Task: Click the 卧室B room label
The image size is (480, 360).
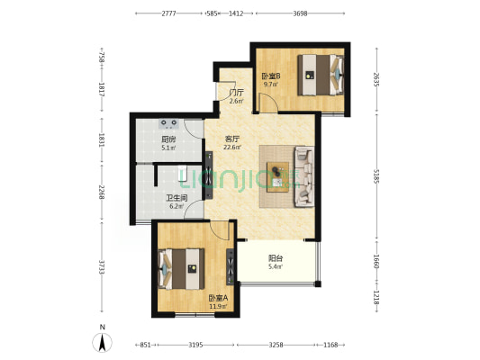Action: click(x=271, y=76)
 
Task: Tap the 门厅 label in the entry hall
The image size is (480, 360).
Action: click(x=236, y=93)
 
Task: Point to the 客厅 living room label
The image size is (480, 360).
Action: click(x=231, y=139)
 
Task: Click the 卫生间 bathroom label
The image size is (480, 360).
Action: click(x=177, y=198)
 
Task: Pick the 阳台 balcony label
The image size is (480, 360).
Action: click(x=276, y=258)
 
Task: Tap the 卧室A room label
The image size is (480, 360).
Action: click(x=218, y=298)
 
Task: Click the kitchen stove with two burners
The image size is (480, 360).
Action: click(x=169, y=123)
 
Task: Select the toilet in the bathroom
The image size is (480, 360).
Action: click(x=183, y=174)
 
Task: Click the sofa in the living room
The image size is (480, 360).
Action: click(x=304, y=176)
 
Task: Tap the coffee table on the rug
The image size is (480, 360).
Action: click(x=277, y=177)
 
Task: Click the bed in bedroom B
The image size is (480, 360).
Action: click(x=321, y=75)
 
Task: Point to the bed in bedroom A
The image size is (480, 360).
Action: click(x=181, y=269)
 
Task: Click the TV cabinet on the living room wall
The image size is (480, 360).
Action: click(x=209, y=175)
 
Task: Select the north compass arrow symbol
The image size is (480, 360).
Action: click(x=103, y=342)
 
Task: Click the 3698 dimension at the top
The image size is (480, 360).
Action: click(x=300, y=13)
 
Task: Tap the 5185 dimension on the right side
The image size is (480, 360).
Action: click(x=376, y=177)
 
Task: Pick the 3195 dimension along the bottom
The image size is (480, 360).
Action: click(x=195, y=345)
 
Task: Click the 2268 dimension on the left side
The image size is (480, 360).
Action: click(x=102, y=192)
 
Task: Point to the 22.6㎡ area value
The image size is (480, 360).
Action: click(x=231, y=148)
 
